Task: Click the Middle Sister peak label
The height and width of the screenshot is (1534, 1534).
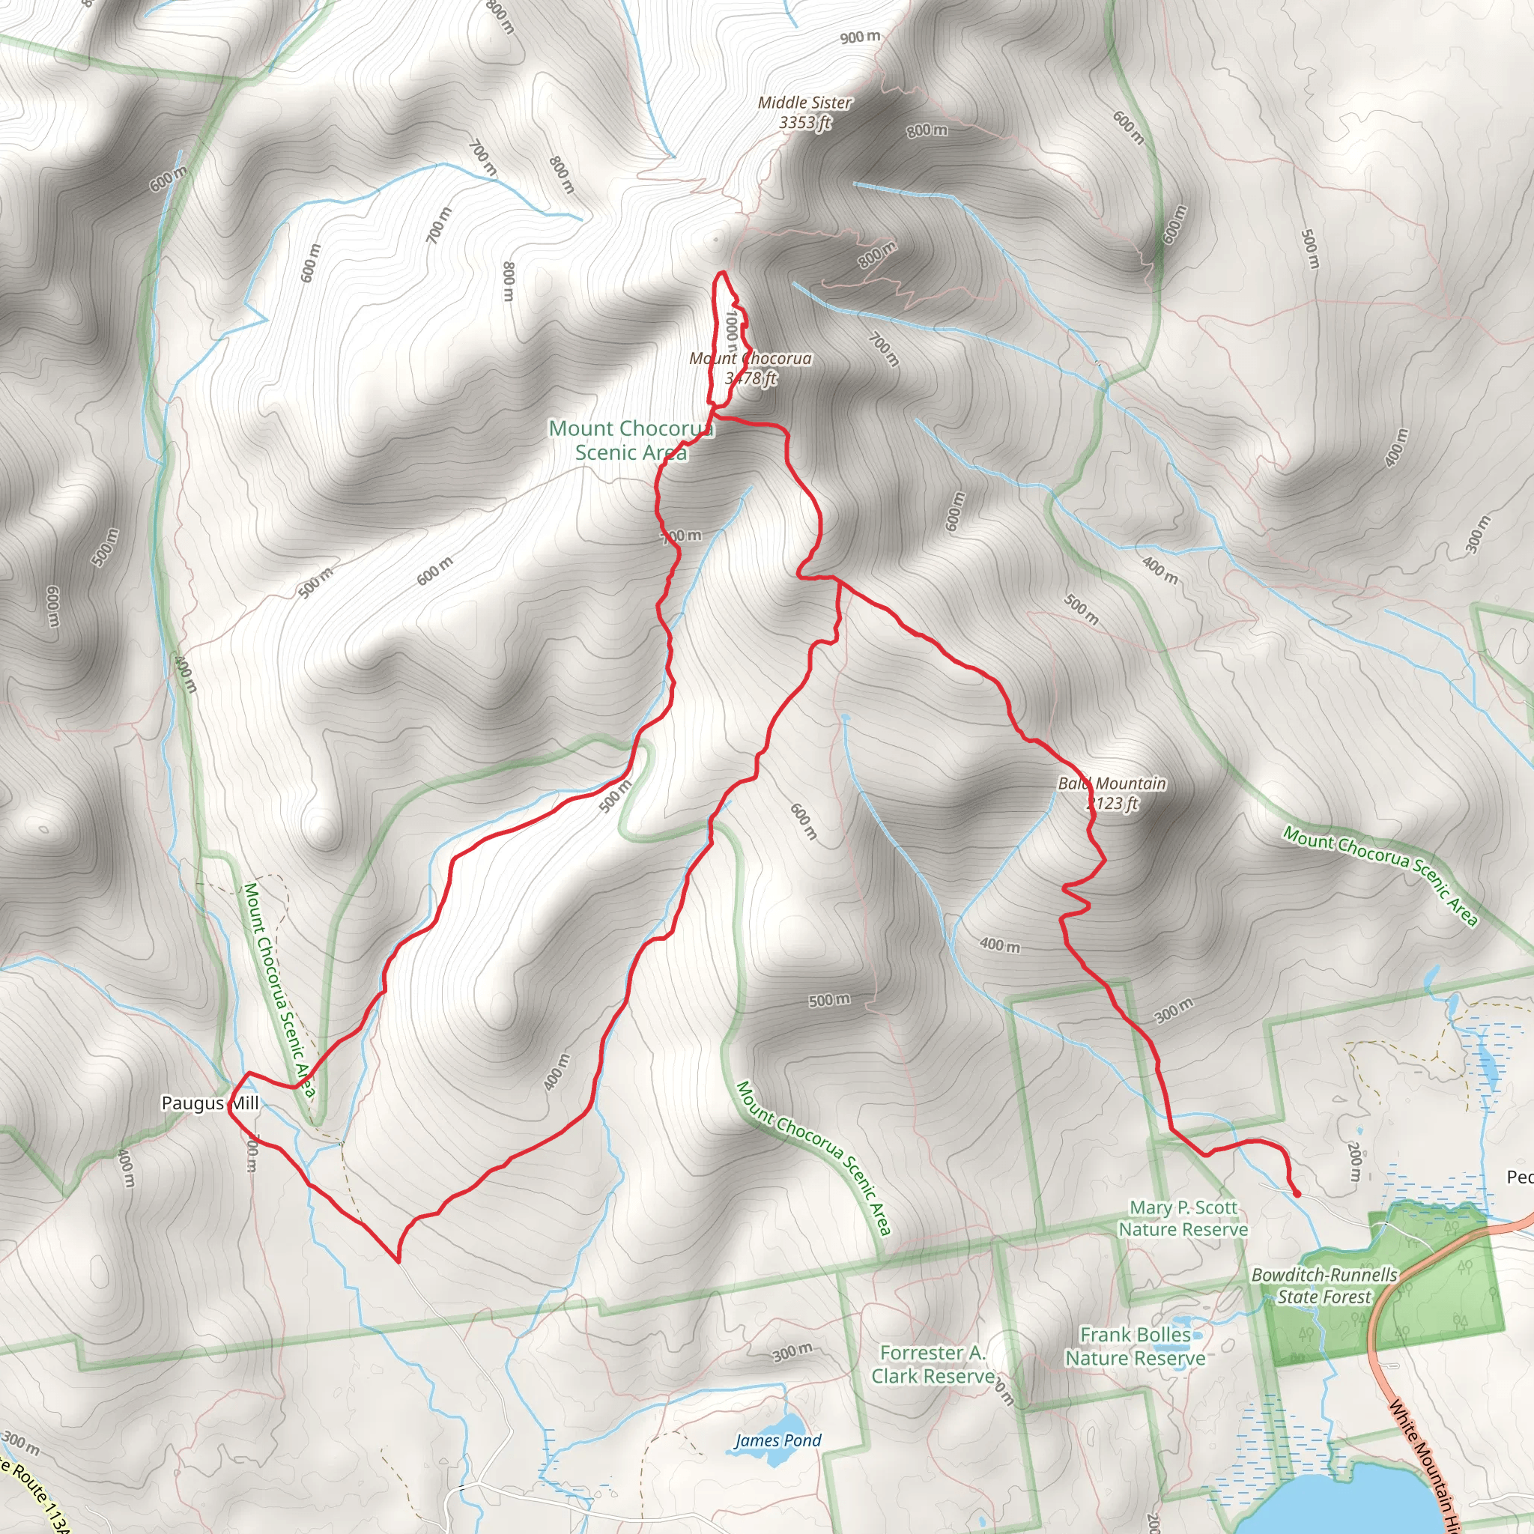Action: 804,103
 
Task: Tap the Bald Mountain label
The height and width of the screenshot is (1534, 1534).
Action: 1112,783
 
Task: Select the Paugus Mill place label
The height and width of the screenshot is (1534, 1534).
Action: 210,1103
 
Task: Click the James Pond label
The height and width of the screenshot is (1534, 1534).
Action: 777,1440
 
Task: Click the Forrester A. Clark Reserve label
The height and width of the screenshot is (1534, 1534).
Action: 933,1364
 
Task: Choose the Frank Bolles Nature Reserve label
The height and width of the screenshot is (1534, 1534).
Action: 1136,1347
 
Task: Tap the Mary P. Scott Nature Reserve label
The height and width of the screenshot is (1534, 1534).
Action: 1183,1218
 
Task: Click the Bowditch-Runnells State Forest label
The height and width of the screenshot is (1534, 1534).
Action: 1324,1285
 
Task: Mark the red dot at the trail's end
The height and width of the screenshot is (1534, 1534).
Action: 1297,1193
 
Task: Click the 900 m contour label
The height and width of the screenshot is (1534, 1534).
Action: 860,37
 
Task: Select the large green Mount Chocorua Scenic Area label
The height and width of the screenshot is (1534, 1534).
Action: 631,440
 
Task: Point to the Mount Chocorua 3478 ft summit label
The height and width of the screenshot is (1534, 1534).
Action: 751,368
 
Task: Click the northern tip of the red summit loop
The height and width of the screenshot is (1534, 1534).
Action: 722,273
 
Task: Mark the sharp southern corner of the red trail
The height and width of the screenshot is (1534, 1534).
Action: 397,1260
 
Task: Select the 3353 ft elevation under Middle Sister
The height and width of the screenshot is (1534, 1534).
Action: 804,123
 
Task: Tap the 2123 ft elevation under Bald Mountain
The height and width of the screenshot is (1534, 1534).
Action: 1112,804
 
